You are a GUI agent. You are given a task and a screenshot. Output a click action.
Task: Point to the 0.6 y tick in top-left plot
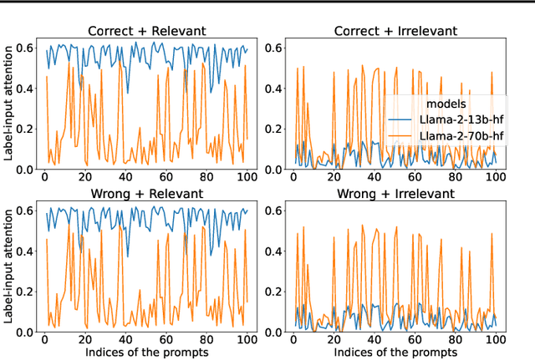coord(24,48)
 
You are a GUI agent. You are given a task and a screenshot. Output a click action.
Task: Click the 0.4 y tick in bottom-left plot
coord(24,251)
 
